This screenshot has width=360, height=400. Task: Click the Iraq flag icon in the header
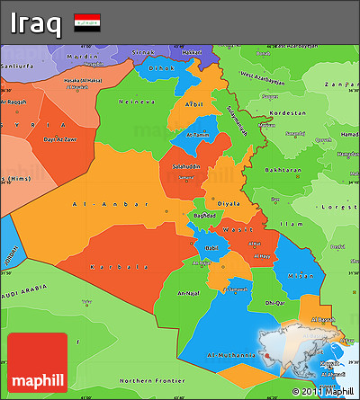click(x=87, y=20)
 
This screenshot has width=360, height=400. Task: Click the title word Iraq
click(x=36, y=22)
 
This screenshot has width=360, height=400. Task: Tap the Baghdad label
click(x=203, y=216)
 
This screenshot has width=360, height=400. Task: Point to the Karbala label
click(x=119, y=267)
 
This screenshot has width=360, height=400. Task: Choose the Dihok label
click(x=161, y=67)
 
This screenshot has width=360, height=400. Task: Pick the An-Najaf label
click(x=187, y=293)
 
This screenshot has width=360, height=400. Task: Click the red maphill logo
click(x=37, y=363)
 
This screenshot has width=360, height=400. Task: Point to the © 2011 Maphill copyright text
click(x=323, y=392)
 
